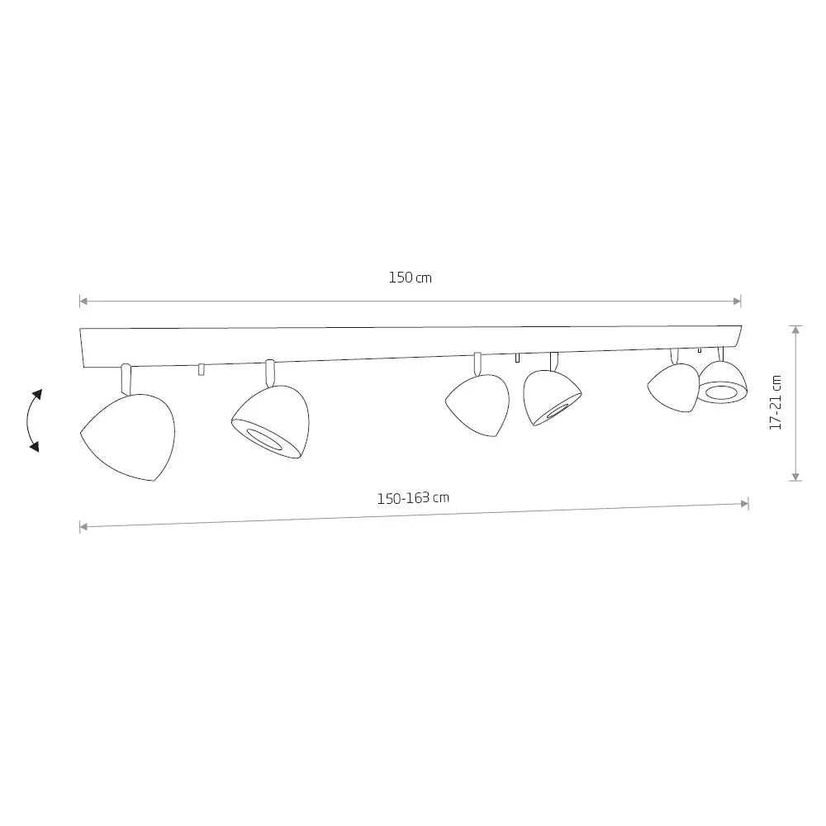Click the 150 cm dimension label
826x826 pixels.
410,278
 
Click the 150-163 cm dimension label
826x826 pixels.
413,498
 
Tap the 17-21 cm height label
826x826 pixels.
776,402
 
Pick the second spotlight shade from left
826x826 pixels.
271,422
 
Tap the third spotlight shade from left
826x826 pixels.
478,405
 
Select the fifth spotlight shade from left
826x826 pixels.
673,387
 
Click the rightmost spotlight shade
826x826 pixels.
723,382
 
